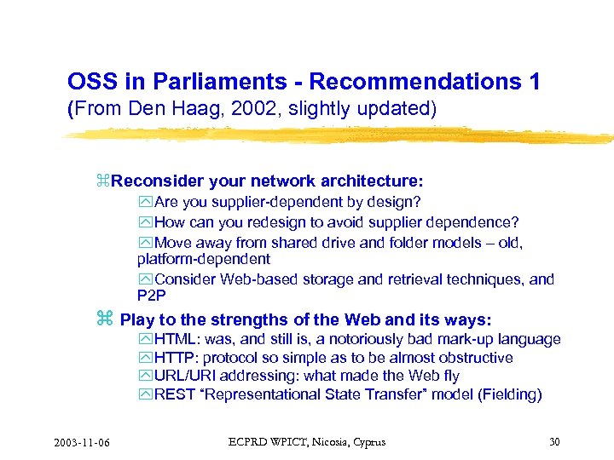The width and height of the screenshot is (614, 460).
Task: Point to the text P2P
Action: pyautogui.click(x=152, y=295)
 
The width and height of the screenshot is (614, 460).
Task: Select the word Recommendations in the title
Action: pyautogui.click(x=418, y=82)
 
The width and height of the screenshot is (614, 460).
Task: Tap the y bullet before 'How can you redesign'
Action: pyautogui.click(x=145, y=222)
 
